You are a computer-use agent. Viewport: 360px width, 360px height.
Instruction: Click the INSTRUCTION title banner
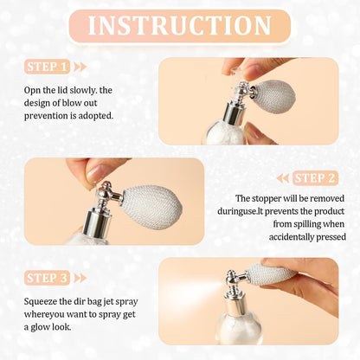pyautogui.click(x=179, y=25)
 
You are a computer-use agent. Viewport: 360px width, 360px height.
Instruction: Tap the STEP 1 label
pyautogui.click(x=48, y=67)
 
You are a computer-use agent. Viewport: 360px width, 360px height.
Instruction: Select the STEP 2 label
pyautogui.click(x=314, y=178)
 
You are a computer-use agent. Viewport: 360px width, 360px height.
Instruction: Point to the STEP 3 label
pyautogui.click(x=48, y=278)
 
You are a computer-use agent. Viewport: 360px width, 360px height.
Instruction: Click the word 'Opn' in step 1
pyautogui.click(x=33, y=88)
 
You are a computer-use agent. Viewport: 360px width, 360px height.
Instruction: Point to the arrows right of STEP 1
pyautogui.click(x=80, y=67)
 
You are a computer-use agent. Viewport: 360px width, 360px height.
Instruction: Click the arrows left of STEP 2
pyautogui.click(x=283, y=178)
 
